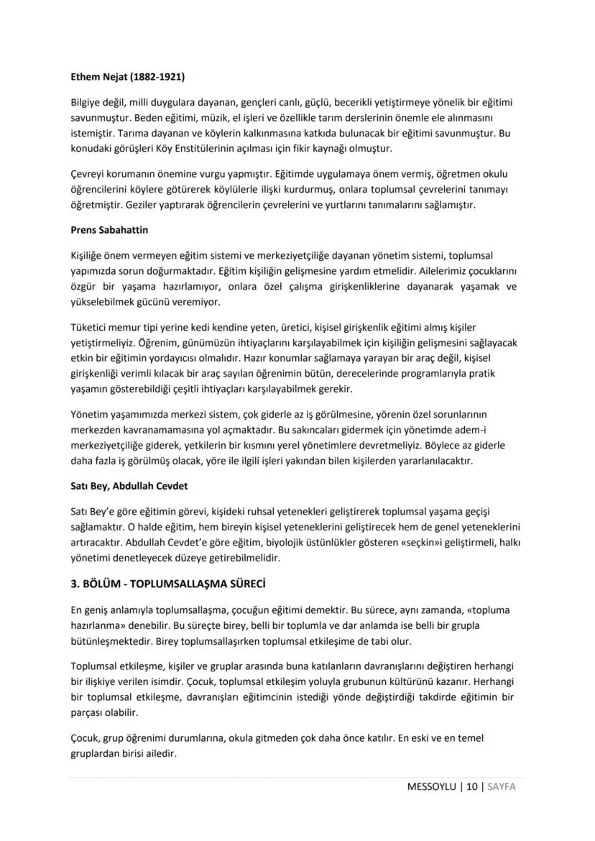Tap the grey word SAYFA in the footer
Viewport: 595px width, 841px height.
pos(502,786)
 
